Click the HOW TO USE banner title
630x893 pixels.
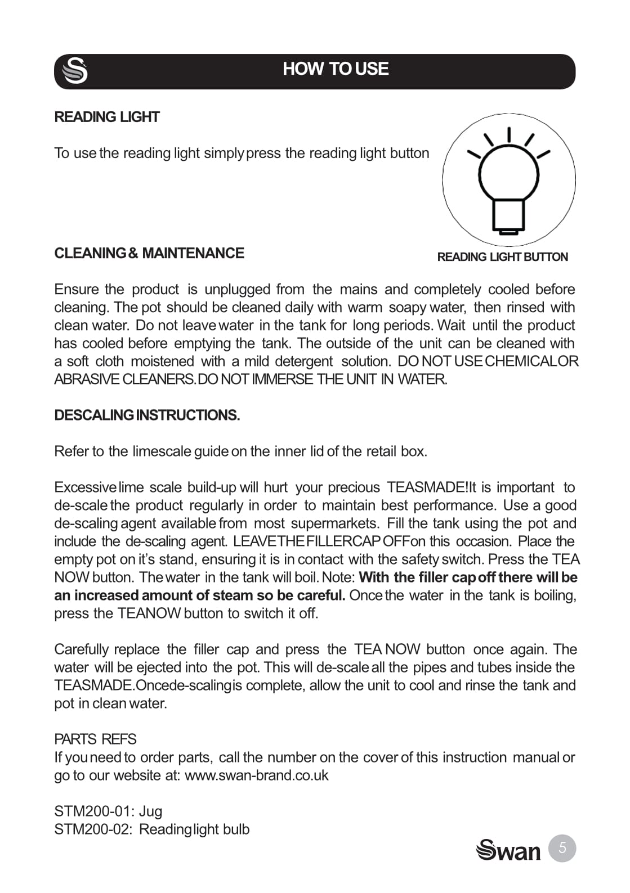point(336,69)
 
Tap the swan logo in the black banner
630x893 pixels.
point(75,71)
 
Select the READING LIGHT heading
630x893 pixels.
point(107,117)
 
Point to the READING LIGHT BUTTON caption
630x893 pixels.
point(502,257)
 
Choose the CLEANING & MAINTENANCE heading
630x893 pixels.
point(149,253)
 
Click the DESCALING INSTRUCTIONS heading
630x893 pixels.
point(147,415)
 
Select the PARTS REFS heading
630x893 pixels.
point(95,739)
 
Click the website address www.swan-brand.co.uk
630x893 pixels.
point(256,775)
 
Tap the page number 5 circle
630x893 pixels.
point(562,847)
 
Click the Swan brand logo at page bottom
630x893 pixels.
point(508,850)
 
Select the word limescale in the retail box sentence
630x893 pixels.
point(162,451)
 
